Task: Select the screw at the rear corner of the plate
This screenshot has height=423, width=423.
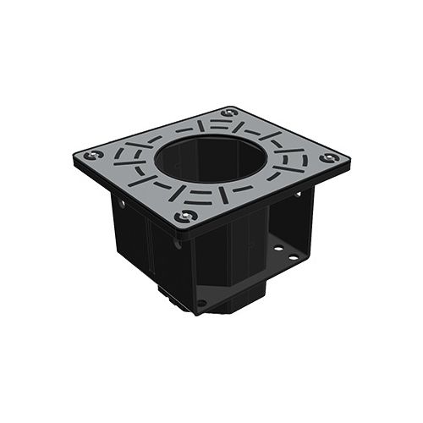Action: click(x=228, y=113)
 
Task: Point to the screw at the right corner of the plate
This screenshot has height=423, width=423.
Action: click(x=329, y=157)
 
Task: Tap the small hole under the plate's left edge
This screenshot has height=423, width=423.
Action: click(x=121, y=203)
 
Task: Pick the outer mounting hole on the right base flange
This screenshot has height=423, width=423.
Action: click(x=292, y=256)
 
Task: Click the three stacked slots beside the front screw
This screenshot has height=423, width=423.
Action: click(x=203, y=198)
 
